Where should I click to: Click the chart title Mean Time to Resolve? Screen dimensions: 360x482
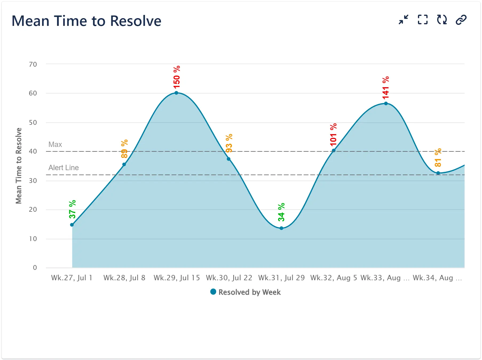pos(86,21)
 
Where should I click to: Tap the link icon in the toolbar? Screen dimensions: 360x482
pos(461,20)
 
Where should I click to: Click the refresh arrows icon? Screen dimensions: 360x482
pos(442,20)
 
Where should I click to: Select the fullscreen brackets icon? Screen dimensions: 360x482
pos(422,20)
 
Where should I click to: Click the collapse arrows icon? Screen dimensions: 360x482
pos(404,20)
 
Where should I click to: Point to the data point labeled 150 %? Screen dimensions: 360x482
pos(176,93)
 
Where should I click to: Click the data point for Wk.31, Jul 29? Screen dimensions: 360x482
pos(281,228)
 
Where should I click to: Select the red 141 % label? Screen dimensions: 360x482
pos(386,88)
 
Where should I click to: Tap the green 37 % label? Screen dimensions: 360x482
pos(72,209)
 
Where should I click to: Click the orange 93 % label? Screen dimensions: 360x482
pos(229,143)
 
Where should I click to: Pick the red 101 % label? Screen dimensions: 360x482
pos(333,135)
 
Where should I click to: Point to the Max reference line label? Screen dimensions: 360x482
pos(55,145)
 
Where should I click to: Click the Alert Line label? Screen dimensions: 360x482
pos(64,168)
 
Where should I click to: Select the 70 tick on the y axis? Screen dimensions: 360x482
pos(33,64)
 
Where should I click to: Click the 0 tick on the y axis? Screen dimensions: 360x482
pos(35,268)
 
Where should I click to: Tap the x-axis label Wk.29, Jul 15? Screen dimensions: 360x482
pos(177,278)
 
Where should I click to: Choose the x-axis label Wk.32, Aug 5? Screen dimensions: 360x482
pos(334,278)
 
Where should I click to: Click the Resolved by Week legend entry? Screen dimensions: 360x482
pos(246,292)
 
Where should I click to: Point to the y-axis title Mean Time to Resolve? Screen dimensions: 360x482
pos(18,166)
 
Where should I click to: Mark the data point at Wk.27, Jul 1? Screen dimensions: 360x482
pos(72,225)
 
